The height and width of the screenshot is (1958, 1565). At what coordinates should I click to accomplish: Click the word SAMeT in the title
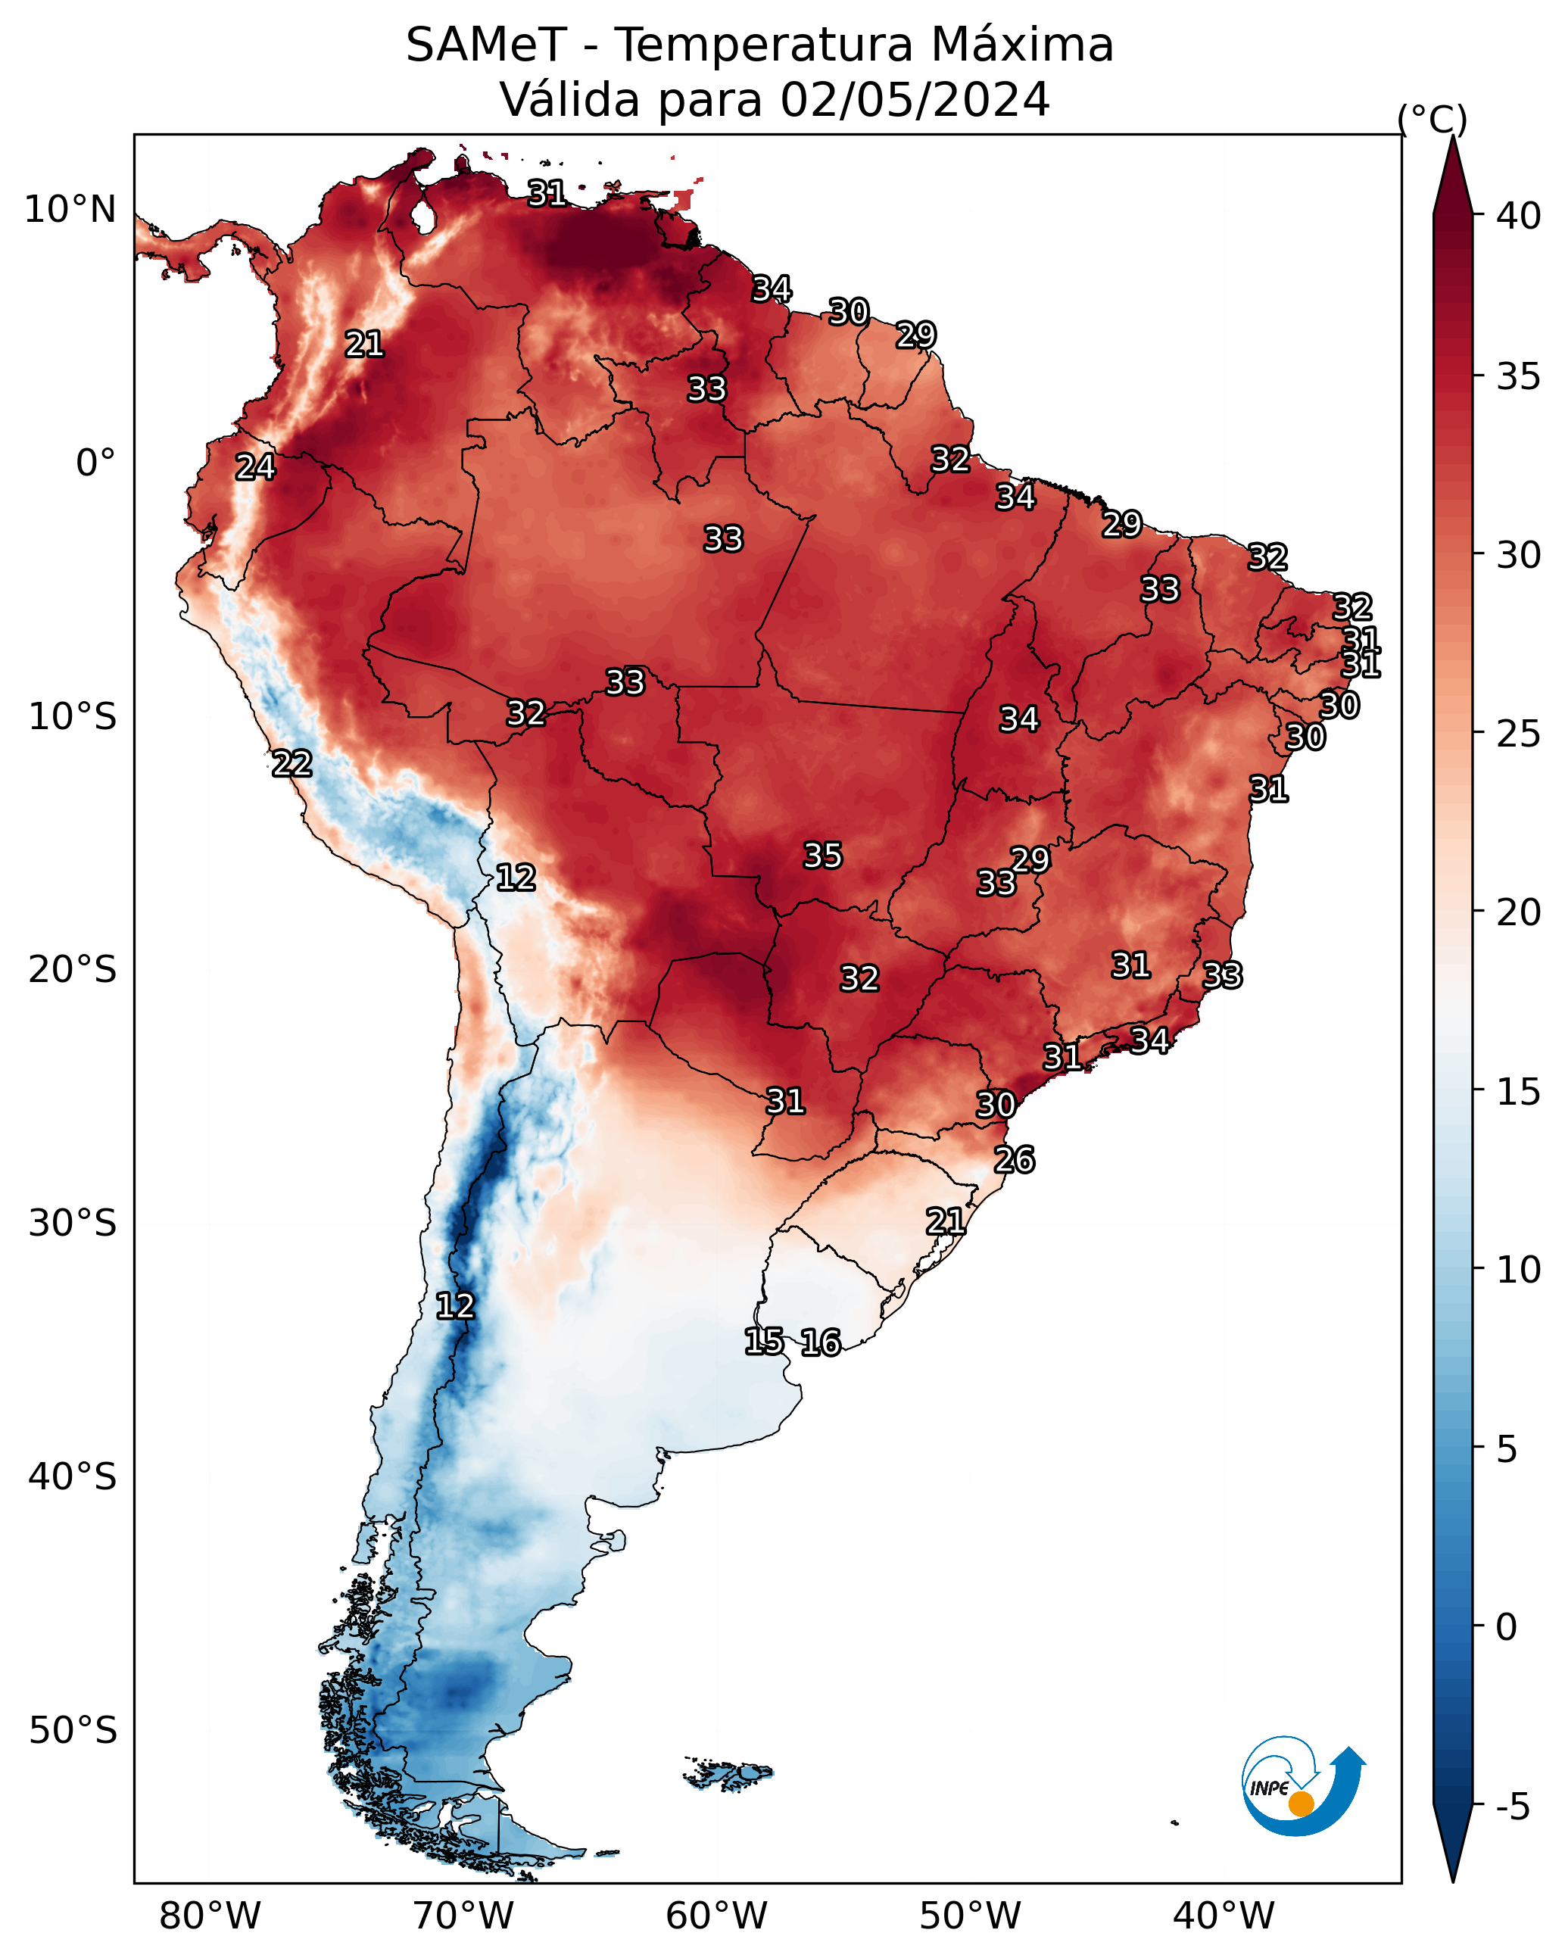(486, 45)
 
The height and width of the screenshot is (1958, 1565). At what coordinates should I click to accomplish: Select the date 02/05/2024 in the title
(915, 100)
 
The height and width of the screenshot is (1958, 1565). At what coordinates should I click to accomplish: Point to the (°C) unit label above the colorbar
(1432, 119)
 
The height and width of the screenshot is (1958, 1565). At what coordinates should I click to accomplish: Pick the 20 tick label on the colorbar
(1519, 912)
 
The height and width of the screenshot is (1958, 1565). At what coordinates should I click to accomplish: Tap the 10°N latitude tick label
(70, 210)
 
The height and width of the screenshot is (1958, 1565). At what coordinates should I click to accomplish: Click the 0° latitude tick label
(95, 463)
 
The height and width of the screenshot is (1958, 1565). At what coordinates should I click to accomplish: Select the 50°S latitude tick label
(73, 1731)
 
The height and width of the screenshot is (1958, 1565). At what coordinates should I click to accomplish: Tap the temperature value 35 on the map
(823, 856)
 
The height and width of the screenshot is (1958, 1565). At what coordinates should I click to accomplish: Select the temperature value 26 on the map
(1015, 1160)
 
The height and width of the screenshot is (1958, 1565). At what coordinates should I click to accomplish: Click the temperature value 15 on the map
(764, 1342)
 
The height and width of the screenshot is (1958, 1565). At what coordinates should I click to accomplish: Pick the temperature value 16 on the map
(821, 1342)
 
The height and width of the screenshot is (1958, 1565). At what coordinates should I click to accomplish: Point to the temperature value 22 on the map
(292, 764)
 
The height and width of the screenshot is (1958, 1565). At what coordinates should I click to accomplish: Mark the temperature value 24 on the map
(255, 467)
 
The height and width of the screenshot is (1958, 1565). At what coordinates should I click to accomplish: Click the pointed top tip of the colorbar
(1452, 136)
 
